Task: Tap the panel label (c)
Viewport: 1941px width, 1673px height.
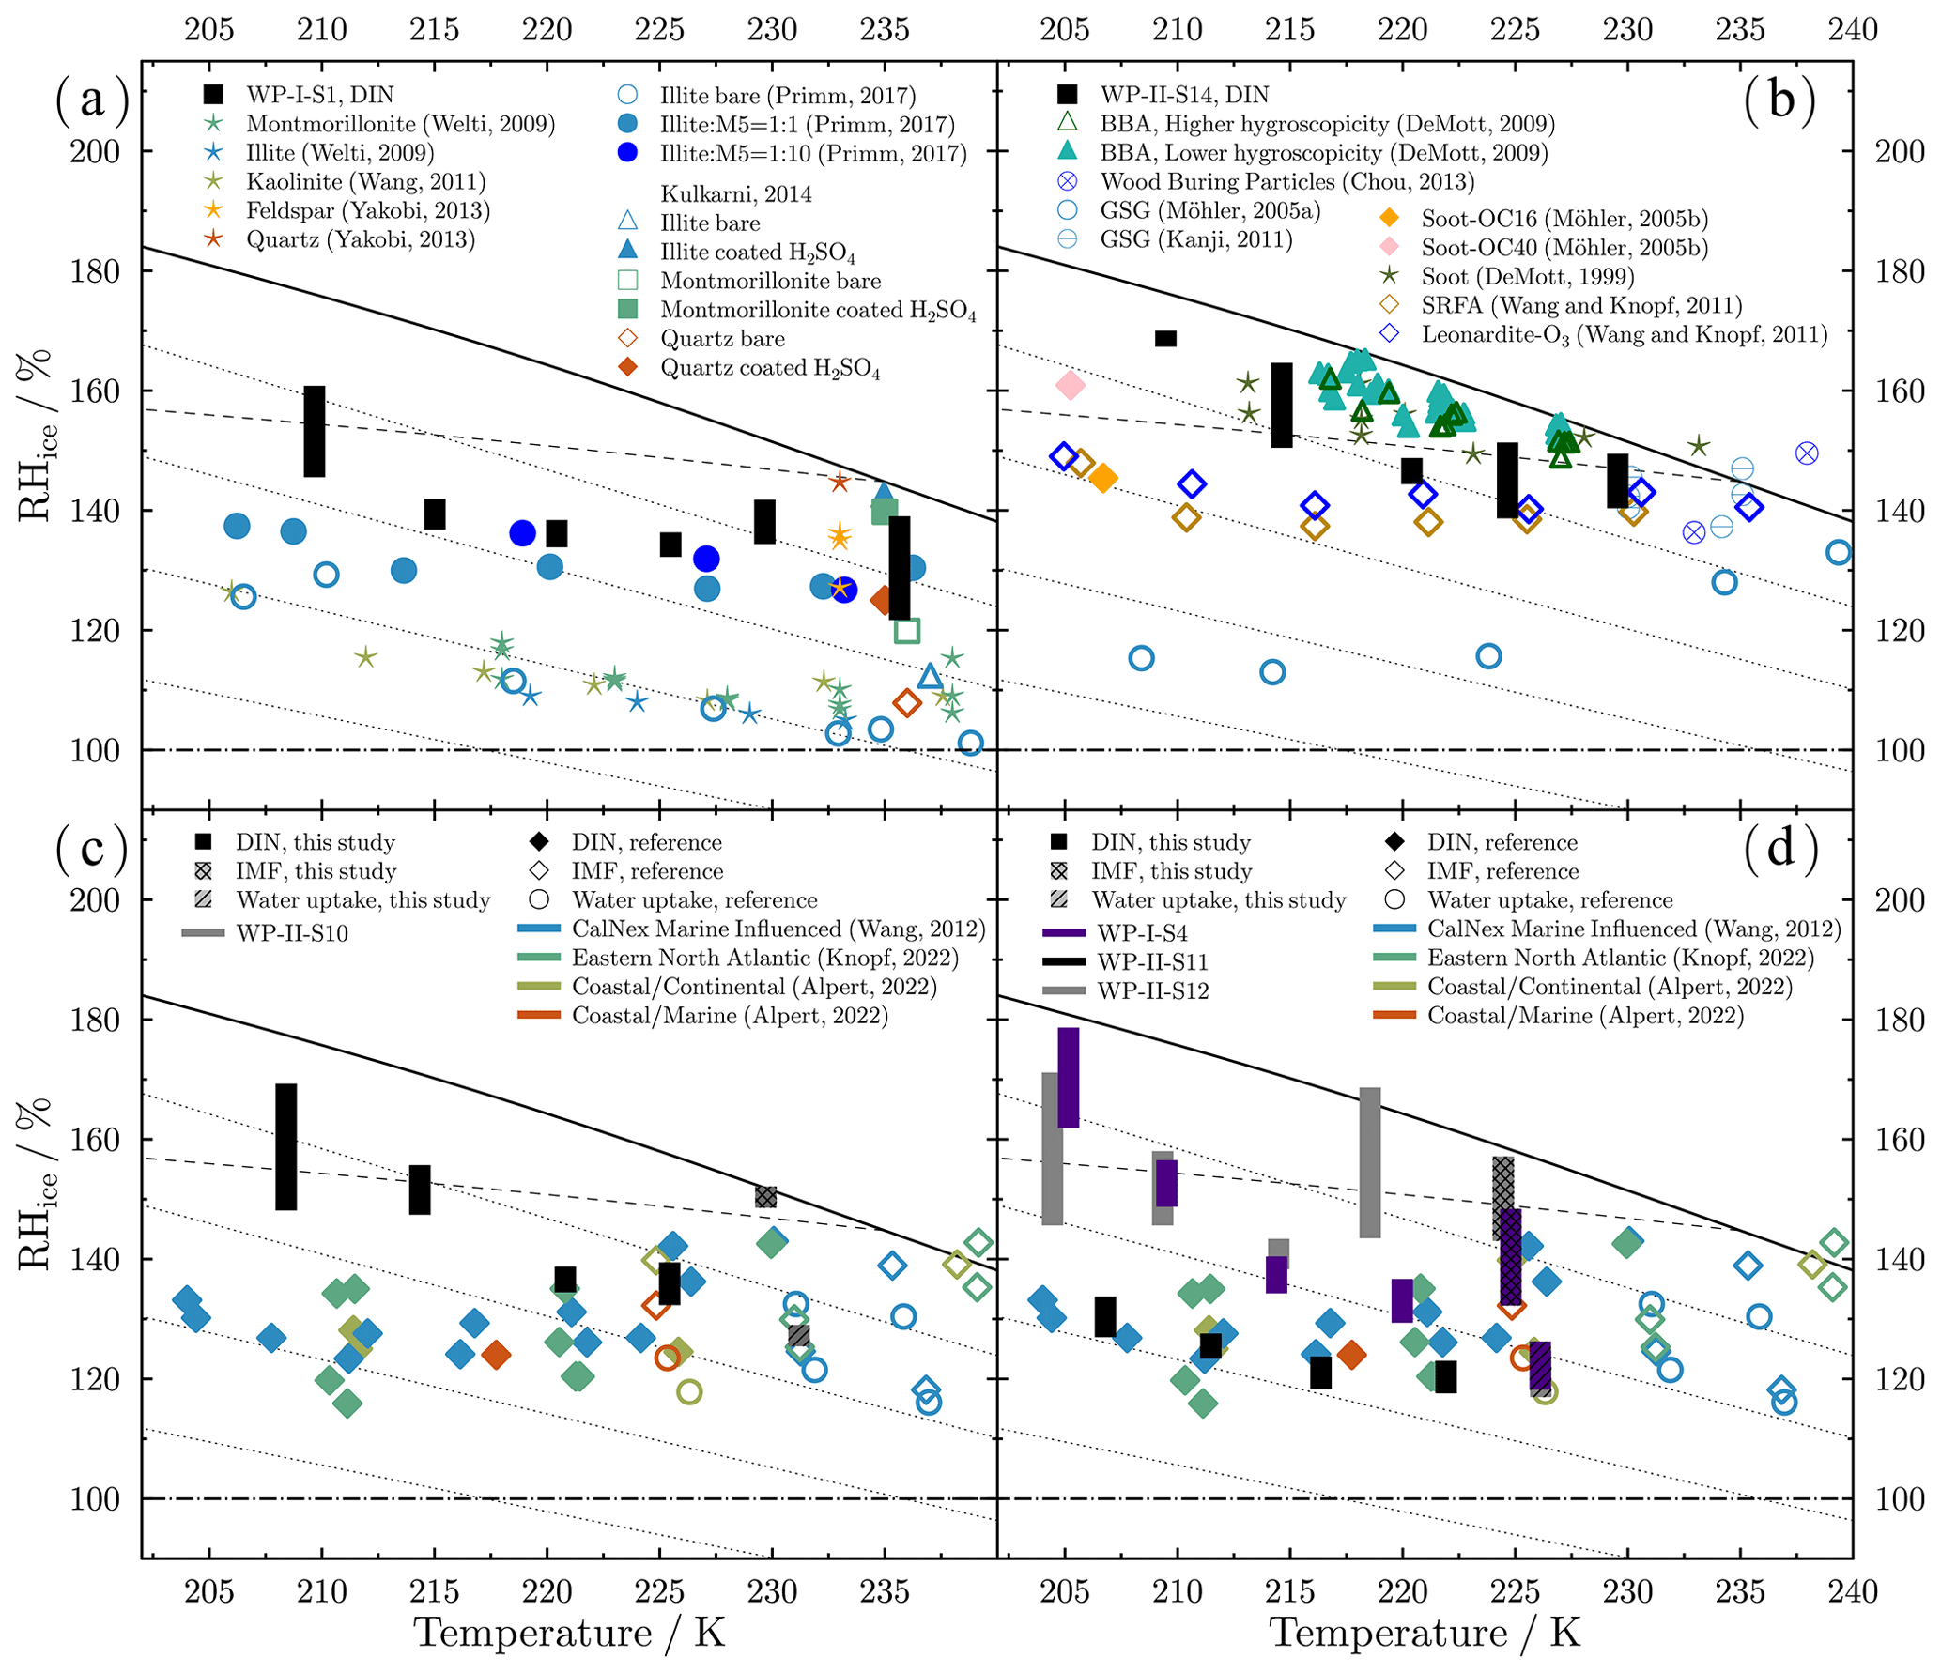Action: tap(92, 848)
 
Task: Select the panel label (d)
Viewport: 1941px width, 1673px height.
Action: tap(1780, 848)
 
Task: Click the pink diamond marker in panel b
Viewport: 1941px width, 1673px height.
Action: tap(1070, 385)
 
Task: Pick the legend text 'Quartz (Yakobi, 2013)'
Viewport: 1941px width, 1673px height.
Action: tap(360, 239)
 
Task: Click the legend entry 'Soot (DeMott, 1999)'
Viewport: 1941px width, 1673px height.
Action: tap(1527, 276)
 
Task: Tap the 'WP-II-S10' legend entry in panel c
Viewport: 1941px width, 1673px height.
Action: tap(291, 933)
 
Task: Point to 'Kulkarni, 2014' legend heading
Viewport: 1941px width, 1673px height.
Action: tap(735, 194)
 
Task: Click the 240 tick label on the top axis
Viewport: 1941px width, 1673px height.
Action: tap(1852, 30)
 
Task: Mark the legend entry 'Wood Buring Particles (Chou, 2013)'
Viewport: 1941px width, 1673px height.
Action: tap(1286, 181)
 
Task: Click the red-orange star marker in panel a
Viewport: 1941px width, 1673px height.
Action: tap(839, 483)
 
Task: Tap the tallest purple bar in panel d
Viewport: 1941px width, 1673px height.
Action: tap(1068, 1077)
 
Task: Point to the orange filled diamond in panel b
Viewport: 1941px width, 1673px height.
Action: tap(1103, 478)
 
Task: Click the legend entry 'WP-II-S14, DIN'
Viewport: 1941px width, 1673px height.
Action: tap(1183, 95)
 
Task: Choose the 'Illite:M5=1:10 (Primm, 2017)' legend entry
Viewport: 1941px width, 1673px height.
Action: tap(812, 153)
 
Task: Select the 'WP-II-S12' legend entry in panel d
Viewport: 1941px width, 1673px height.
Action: tap(1152, 990)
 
